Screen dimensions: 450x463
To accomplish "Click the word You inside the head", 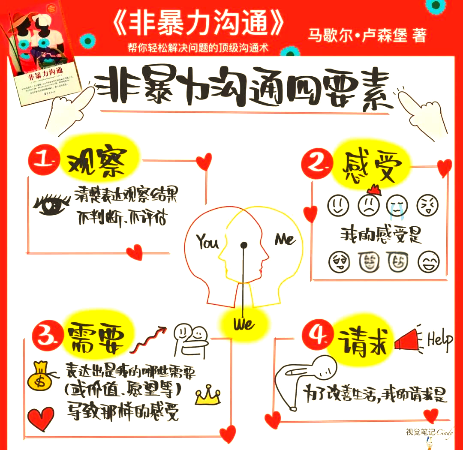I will [x=207, y=242].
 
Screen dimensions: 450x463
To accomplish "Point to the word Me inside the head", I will [x=285, y=239].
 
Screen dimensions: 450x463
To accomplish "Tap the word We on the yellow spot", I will [x=244, y=324].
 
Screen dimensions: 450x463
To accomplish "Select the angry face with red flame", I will [x=368, y=203].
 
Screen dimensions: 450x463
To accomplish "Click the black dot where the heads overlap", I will [x=244, y=245].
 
